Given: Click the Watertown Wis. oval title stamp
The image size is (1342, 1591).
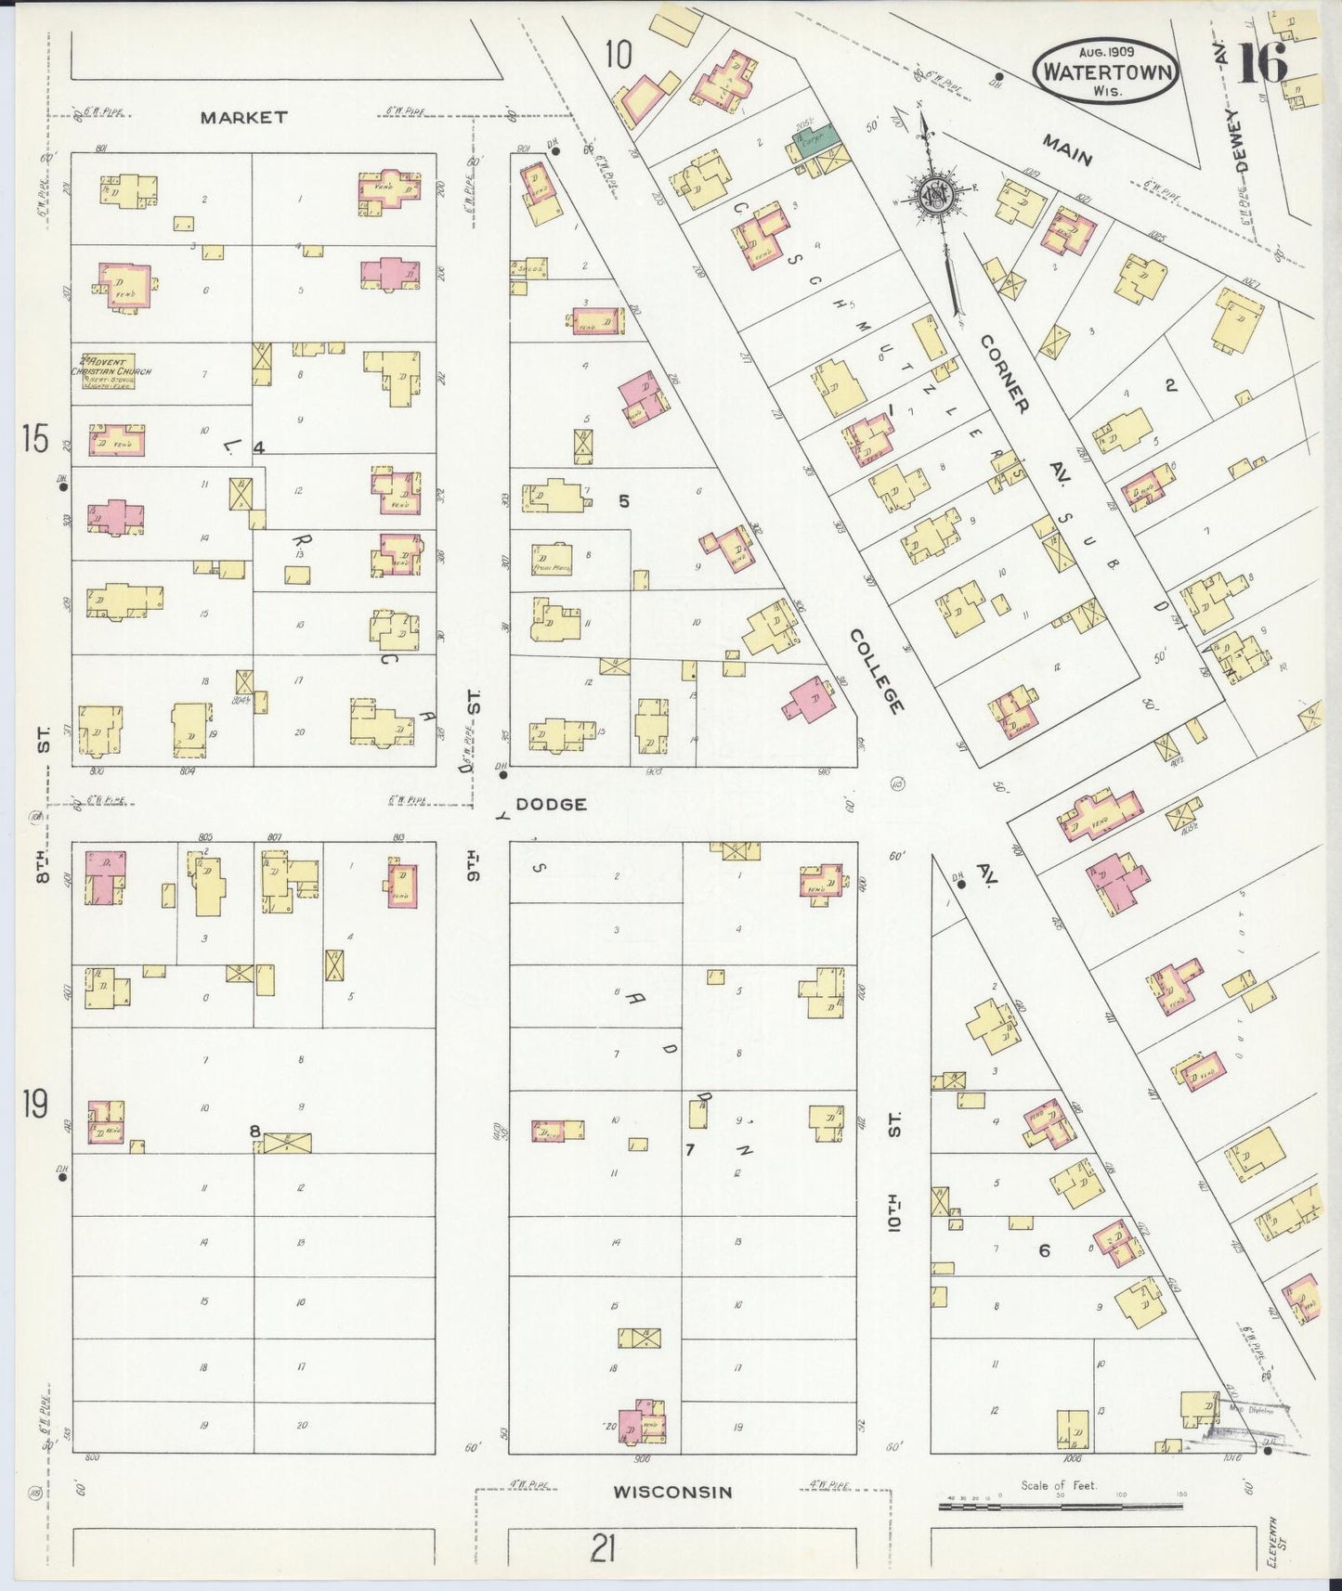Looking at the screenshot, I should [1105, 71].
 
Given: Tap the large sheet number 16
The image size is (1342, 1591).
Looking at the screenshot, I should [1262, 63].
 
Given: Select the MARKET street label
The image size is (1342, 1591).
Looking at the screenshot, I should [244, 118].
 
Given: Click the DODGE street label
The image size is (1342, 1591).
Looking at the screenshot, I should [551, 804].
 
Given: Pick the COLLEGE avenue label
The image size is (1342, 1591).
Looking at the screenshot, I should [876, 671].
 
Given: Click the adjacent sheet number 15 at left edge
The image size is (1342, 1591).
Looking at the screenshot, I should [34, 439].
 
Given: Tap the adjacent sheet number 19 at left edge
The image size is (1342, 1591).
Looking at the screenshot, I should [34, 1105].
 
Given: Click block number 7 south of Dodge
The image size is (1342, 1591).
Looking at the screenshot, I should [689, 1150].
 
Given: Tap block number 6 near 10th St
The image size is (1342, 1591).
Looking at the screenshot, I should [1044, 1250].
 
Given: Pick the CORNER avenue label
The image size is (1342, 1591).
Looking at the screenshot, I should [1005, 374].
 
